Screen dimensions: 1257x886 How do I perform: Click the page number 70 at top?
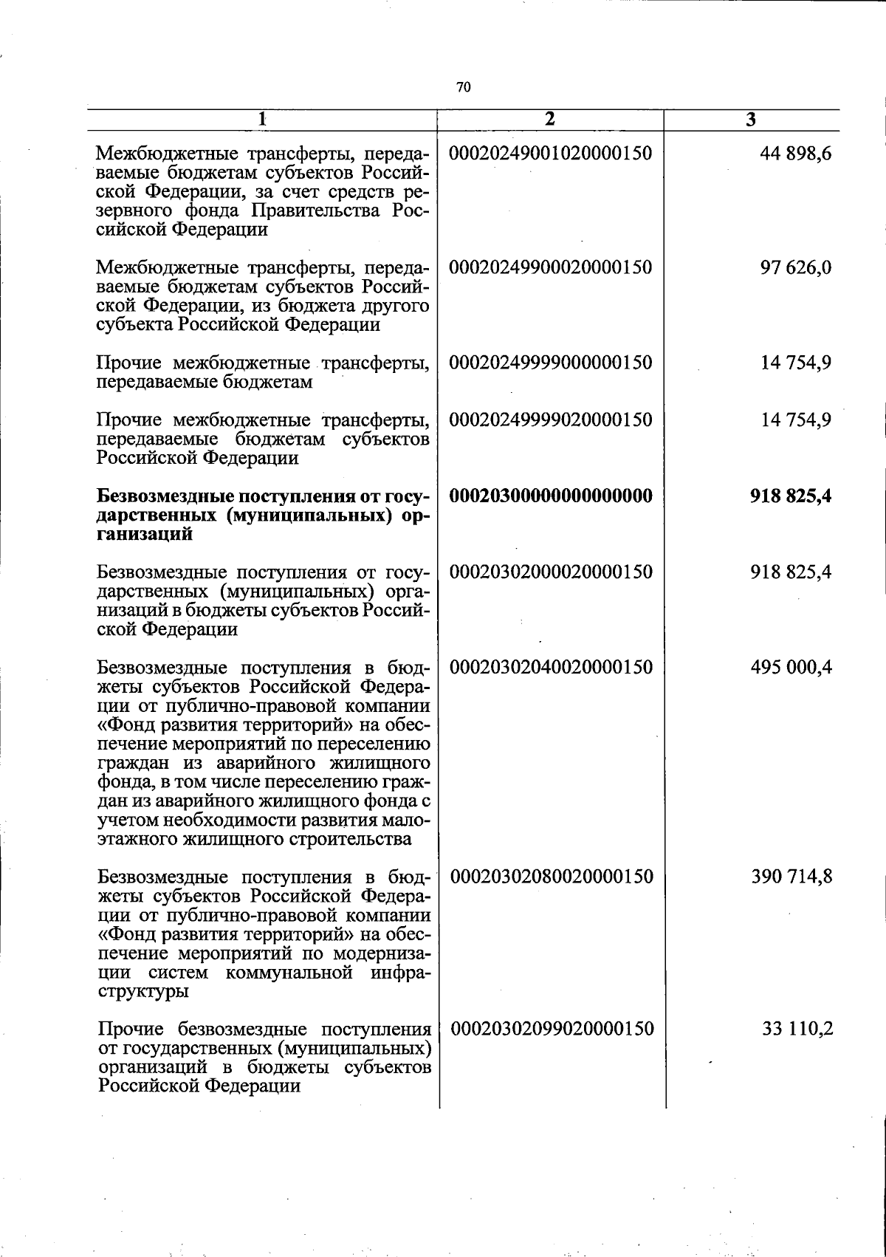tap(463, 87)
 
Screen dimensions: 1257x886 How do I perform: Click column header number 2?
tap(549, 119)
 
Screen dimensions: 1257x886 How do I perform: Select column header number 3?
tap(750, 120)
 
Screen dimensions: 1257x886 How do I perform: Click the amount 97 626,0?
tap(796, 267)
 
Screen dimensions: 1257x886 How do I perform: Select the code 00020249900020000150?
tap(551, 267)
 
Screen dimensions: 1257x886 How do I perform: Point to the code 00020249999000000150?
tap(551, 363)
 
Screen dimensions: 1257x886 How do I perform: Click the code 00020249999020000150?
tap(551, 419)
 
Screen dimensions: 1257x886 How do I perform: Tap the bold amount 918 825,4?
tap(791, 496)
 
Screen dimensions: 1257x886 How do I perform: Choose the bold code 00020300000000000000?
tap(551, 496)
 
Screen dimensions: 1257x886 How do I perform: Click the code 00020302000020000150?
tap(551, 572)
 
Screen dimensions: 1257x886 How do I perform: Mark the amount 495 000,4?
tap(791, 667)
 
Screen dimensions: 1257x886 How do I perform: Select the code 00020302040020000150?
tap(551, 667)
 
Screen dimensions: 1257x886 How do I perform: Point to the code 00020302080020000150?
tap(552, 877)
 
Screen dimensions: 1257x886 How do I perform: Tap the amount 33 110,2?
tap(797, 1029)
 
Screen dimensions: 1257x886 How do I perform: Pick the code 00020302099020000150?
tap(552, 1029)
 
